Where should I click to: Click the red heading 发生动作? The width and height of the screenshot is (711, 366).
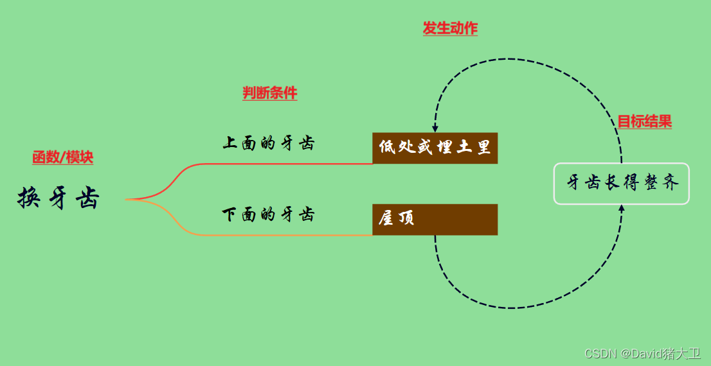pyautogui.click(x=450, y=28)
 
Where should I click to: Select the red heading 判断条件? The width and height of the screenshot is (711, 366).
pyautogui.click(x=269, y=93)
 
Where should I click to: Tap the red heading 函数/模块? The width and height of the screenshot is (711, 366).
pyautogui.click(x=62, y=157)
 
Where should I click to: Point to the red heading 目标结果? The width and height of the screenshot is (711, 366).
pyautogui.click(x=644, y=121)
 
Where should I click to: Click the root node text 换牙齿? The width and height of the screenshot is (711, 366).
pyautogui.click(x=59, y=198)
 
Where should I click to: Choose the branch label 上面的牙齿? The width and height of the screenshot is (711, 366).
pyautogui.click(x=269, y=143)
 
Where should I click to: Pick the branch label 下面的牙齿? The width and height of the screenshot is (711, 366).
pyautogui.click(x=269, y=214)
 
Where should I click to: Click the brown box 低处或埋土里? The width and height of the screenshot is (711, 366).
pyautogui.click(x=435, y=148)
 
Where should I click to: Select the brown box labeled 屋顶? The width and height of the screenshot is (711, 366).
pyautogui.click(x=435, y=219)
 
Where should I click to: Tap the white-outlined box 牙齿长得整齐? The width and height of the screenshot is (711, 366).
pyautogui.click(x=621, y=184)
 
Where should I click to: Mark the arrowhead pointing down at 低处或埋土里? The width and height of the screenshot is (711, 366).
pyautogui.click(x=435, y=128)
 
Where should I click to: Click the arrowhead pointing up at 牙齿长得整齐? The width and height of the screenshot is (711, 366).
pyautogui.click(x=622, y=208)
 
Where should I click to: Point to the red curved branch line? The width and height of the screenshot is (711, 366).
pyautogui.click(x=257, y=164)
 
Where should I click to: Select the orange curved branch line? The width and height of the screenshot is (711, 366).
pyautogui.click(x=257, y=235)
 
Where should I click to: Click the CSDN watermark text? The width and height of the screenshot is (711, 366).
pyautogui.click(x=642, y=353)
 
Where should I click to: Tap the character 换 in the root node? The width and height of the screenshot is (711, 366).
pyautogui.click(x=28, y=198)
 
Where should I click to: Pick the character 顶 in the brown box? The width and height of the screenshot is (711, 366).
pyautogui.click(x=406, y=219)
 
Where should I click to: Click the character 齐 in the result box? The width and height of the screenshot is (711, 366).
pyautogui.click(x=670, y=183)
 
